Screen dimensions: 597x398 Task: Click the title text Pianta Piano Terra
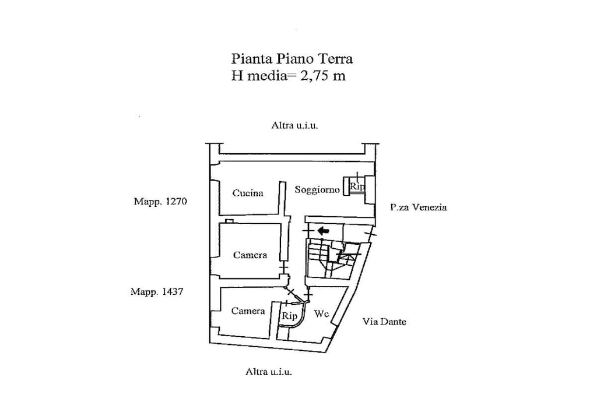coord(292,59)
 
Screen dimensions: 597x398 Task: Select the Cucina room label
coord(248,193)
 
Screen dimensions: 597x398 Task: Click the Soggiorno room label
coord(317,189)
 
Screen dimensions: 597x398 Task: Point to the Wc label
coord(321,314)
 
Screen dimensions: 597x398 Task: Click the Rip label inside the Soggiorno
coord(357,186)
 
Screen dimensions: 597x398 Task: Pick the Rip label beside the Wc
coord(289,316)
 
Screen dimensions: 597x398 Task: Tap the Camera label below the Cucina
coord(250,255)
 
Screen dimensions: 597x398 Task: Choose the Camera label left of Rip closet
coord(248,311)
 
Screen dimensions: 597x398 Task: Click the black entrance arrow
coord(323,230)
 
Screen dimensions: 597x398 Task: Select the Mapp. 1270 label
coord(160,201)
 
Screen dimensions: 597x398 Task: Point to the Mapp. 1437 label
coord(157,292)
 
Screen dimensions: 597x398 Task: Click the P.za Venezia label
coord(419,207)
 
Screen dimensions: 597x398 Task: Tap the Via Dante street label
coord(384,322)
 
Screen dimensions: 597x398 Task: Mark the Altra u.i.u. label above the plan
coord(294,125)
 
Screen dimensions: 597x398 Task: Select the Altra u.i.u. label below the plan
coord(268,372)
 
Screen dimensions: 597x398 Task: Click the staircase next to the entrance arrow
coord(331,259)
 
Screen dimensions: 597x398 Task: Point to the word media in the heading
coord(266,76)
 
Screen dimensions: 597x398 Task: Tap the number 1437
coord(173,292)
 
